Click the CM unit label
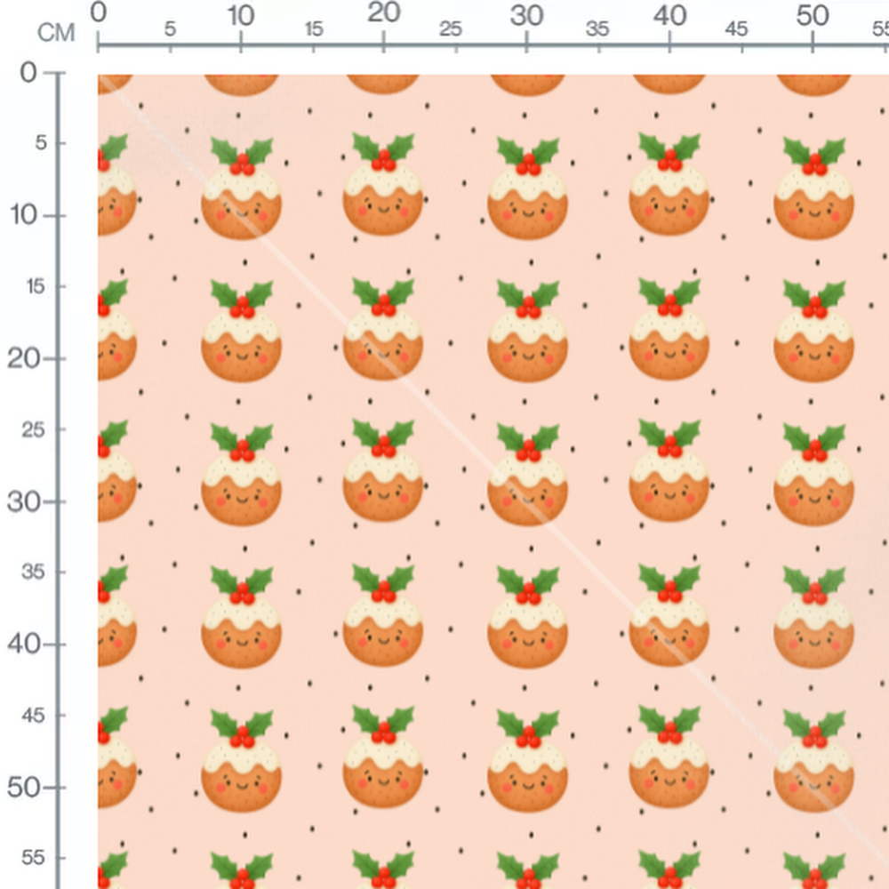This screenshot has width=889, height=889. [x=56, y=34]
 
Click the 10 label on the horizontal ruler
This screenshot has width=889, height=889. [x=241, y=15]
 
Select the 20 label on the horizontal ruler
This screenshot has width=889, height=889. [x=383, y=13]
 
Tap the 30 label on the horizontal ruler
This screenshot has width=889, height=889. [x=527, y=15]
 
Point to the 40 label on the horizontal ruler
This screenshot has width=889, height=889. [x=669, y=15]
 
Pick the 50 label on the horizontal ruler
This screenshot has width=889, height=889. [x=813, y=15]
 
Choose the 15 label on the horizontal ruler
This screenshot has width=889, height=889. [x=314, y=29]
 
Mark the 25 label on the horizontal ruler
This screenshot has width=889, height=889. [x=451, y=29]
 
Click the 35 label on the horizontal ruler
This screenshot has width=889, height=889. [x=597, y=29]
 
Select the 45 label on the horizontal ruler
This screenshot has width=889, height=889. [x=736, y=29]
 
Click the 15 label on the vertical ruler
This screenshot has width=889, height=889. [x=32, y=286]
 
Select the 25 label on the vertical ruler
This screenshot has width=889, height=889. [x=32, y=429]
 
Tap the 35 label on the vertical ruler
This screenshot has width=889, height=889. [x=32, y=572]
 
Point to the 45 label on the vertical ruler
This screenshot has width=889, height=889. [x=32, y=715]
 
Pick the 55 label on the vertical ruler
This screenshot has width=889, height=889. [x=32, y=858]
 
